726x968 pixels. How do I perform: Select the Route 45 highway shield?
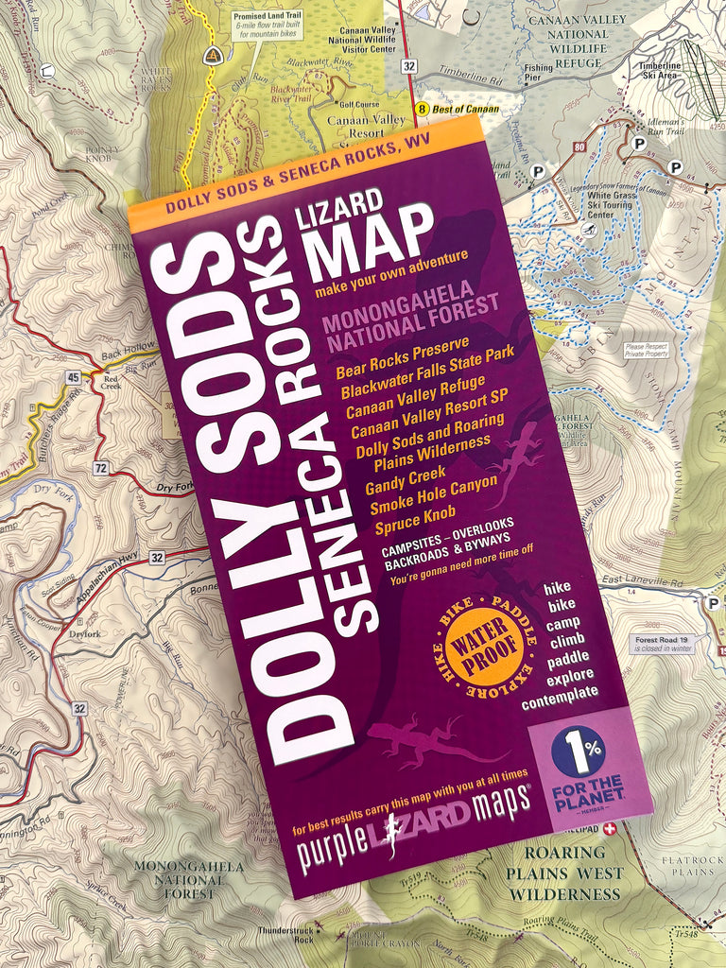point(74,378)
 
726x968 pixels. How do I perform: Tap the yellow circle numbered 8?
point(423,109)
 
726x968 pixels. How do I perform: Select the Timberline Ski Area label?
point(660,71)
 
